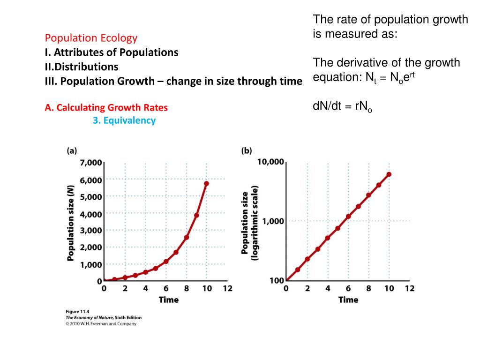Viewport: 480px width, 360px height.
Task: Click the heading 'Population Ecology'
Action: [91, 38]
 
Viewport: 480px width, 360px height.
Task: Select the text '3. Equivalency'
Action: [124, 120]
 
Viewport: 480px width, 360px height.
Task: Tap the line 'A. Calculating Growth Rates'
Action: [106, 108]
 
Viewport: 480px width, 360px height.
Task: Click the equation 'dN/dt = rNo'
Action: [342, 107]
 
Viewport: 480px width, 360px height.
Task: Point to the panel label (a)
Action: [72, 150]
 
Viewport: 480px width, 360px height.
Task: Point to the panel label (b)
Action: [247, 150]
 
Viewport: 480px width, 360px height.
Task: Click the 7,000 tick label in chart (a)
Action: [91, 163]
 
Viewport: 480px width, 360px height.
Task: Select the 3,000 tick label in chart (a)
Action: [91, 230]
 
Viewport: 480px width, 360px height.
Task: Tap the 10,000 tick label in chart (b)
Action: [270, 162]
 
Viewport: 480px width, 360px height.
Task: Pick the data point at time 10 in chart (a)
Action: [206, 183]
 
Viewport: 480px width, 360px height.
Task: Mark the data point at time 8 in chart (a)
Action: [186, 237]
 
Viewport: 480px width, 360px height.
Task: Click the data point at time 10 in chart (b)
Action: [389, 174]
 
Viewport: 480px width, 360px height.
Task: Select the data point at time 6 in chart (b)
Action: [348, 217]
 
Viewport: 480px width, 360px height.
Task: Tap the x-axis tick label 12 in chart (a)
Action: [227, 289]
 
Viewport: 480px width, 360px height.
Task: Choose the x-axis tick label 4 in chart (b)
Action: [328, 289]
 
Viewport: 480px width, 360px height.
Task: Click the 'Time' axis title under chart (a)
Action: [169, 300]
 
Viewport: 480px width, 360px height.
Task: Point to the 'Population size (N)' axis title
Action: [71, 223]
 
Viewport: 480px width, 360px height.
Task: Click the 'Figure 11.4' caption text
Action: [76, 311]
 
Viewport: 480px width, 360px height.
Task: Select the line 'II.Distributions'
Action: [82, 67]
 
